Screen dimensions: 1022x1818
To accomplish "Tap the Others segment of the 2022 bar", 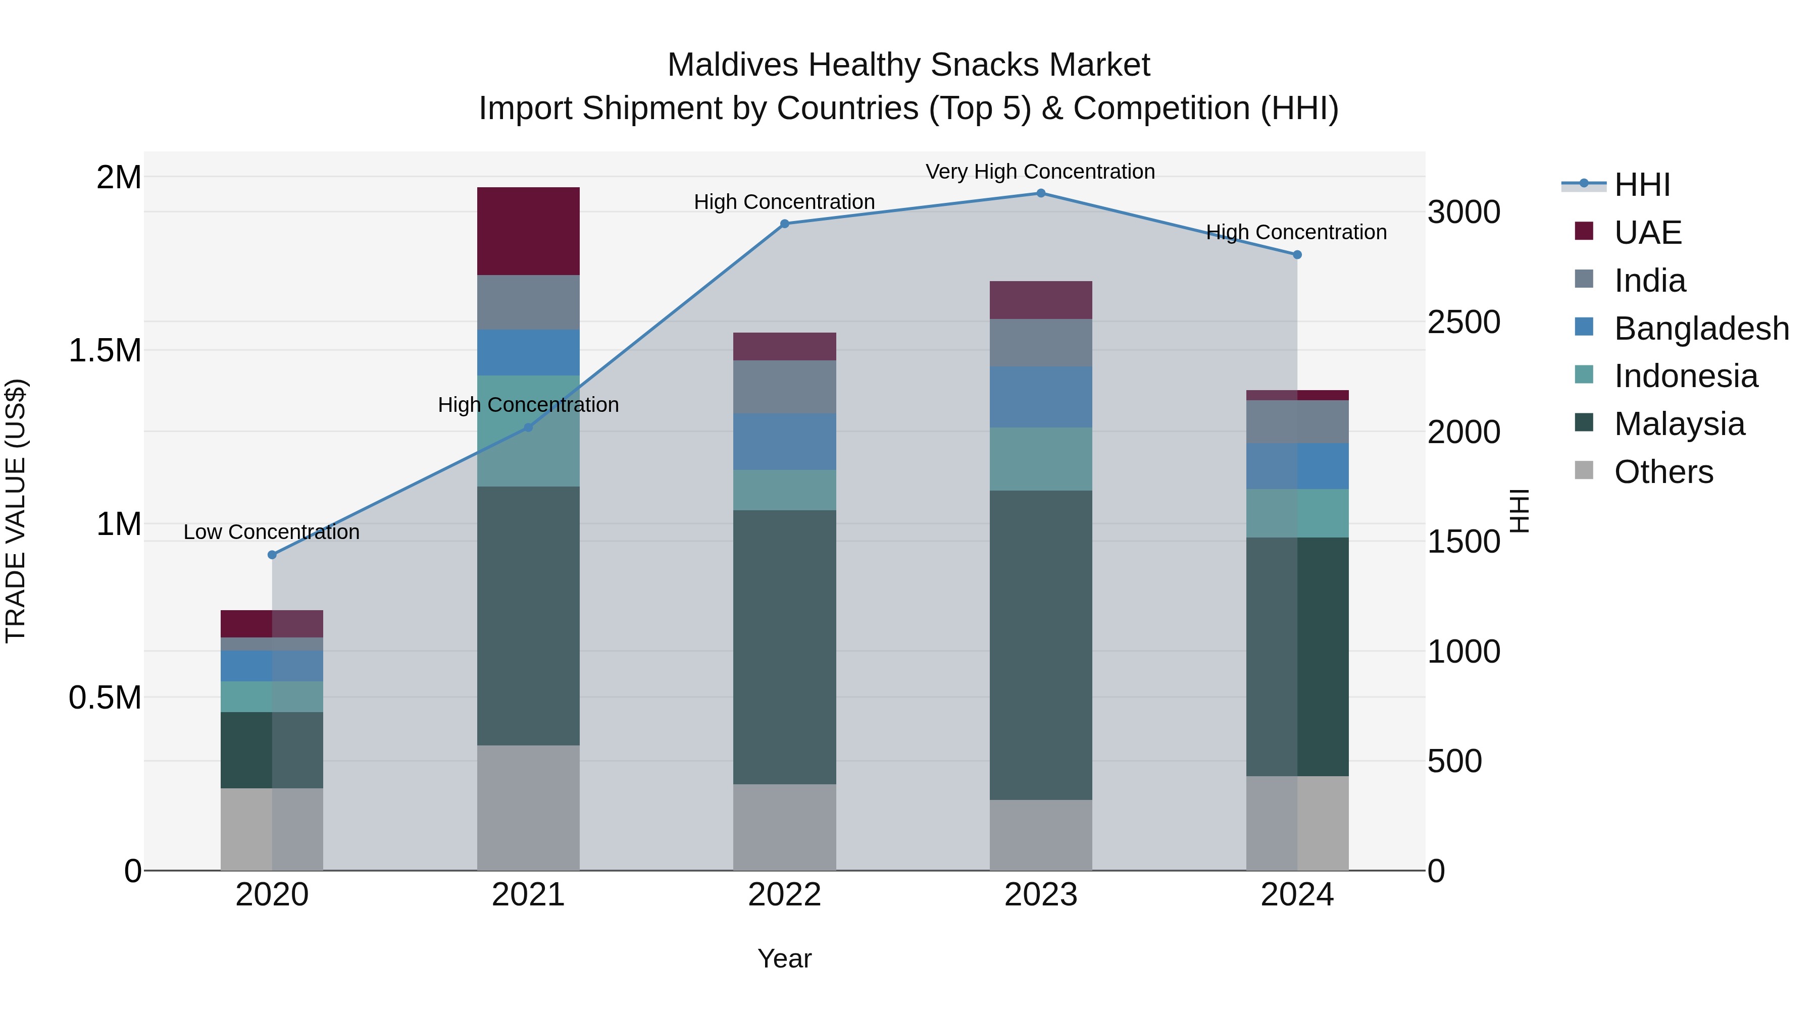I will (784, 827).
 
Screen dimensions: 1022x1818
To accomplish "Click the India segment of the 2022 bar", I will (784, 387).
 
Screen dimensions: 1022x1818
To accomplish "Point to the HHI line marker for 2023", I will (1040, 193).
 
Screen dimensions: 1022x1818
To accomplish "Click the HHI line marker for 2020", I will (272, 555).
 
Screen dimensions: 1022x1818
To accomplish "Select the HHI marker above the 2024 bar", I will (1297, 255).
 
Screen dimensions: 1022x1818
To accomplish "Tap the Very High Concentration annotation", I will (1040, 172).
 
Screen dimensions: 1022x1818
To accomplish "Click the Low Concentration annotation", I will (271, 532).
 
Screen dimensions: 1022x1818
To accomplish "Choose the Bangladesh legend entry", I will (1701, 329).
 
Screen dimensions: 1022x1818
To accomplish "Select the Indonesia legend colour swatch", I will (1584, 374).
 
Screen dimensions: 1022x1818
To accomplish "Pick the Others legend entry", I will (1663, 472).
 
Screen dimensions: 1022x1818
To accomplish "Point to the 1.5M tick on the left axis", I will (105, 351).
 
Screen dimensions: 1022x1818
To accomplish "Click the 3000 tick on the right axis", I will (1463, 212).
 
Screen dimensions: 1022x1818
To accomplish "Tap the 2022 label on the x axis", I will (784, 895).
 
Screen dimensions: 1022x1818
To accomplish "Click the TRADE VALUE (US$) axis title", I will (16, 511).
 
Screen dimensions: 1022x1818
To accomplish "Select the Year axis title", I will (784, 958).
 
